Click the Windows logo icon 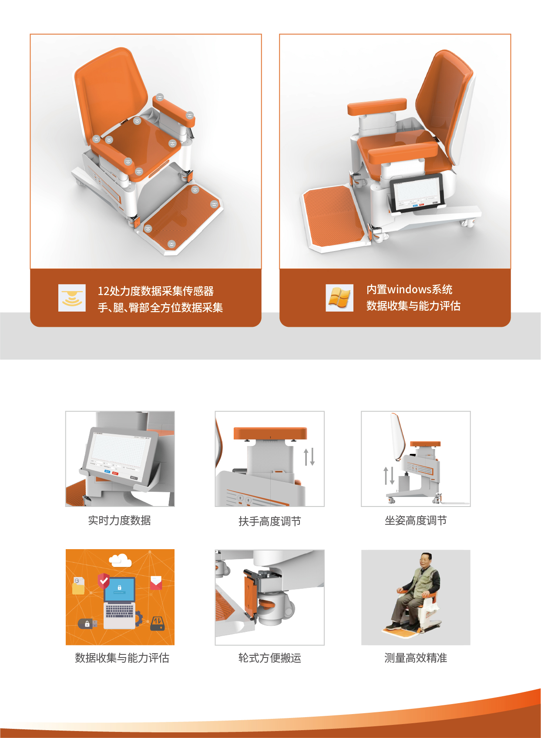pyautogui.click(x=339, y=298)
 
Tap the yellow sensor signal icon pyautogui.click(x=72, y=298)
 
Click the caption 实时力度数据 pyautogui.click(x=120, y=520)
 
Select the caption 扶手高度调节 pyautogui.click(x=269, y=521)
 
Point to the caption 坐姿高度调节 pyautogui.click(x=416, y=520)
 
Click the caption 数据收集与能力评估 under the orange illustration pyautogui.click(x=122, y=657)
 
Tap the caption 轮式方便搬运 pyautogui.click(x=269, y=657)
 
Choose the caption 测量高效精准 pyautogui.click(x=416, y=657)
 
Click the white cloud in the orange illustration pyautogui.click(x=120, y=560)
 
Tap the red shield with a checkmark pyautogui.click(x=104, y=581)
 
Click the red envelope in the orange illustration pyautogui.click(x=156, y=583)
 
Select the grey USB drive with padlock pyautogui.click(x=87, y=624)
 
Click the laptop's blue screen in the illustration pyautogui.click(x=119, y=590)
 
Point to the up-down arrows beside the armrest pyautogui.click(x=309, y=456)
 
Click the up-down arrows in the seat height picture pyautogui.click(x=389, y=476)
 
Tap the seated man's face pyautogui.click(x=425, y=561)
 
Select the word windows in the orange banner pyautogui.click(x=409, y=289)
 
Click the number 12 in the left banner pyautogui.click(x=103, y=291)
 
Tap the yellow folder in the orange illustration pyautogui.click(x=78, y=586)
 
